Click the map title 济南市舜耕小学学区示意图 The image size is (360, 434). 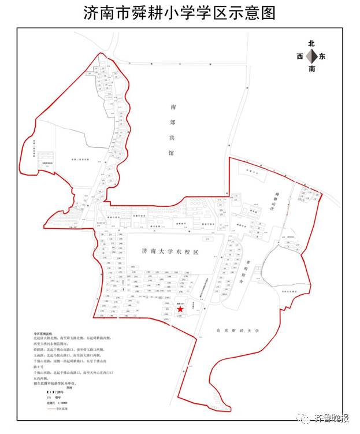[x=180, y=13]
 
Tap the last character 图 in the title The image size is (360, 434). [x=268, y=13]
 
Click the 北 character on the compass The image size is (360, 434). [x=311, y=44]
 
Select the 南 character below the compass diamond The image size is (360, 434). [x=311, y=69]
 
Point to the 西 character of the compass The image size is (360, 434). [x=299, y=57]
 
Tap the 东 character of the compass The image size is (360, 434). [x=322, y=57]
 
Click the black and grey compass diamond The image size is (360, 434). [x=311, y=56]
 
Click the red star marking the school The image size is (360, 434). [x=180, y=310]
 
